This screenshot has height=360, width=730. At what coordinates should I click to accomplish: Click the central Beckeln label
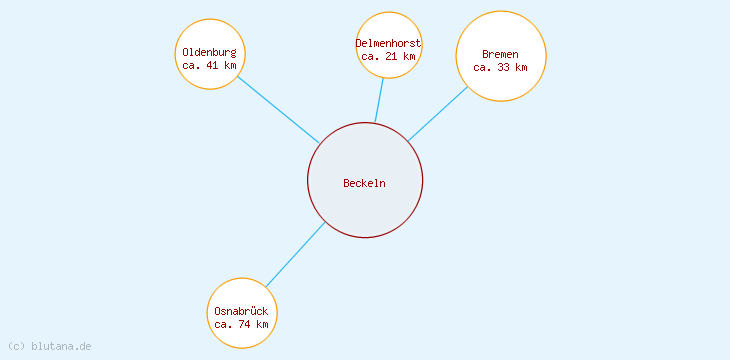click(364, 183)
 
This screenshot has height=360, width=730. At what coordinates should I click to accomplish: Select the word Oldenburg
click(209, 52)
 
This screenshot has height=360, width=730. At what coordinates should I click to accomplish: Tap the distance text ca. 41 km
click(209, 65)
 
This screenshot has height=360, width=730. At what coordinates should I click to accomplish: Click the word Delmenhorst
click(388, 43)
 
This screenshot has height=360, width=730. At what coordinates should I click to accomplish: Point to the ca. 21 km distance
click(388, 56)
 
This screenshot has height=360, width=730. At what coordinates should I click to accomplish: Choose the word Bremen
click(500, 54)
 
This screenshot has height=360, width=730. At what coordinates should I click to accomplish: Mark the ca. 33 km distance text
click(500, 67)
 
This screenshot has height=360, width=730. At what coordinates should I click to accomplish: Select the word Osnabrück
click(241, 311)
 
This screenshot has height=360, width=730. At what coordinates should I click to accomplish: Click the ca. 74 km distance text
click(241, 324)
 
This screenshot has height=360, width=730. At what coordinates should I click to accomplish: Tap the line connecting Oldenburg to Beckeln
click(278, 109)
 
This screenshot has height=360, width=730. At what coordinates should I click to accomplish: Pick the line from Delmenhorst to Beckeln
click(379, 100)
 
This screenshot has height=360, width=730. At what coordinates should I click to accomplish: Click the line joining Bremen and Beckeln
click(438, 113)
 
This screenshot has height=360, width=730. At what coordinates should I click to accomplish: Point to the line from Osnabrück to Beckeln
click(295, 255)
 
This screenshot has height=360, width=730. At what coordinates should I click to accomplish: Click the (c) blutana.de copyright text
click(49, 346)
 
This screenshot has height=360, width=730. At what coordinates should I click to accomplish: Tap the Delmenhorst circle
click(388, 26)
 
